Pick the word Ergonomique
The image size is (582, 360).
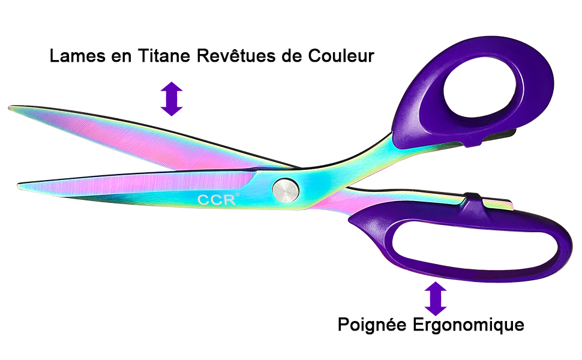click(x=469, y=325)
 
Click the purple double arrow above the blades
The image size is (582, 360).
click(x=172, y=98)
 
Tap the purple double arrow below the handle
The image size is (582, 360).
click(x=436, y=299)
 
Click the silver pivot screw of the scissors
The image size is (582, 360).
click(x=286, y=189)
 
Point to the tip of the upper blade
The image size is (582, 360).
click(x=11, y=109)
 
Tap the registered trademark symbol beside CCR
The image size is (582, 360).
click(x=237, y=195)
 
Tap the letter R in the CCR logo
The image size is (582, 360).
click(x=229, y=200)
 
